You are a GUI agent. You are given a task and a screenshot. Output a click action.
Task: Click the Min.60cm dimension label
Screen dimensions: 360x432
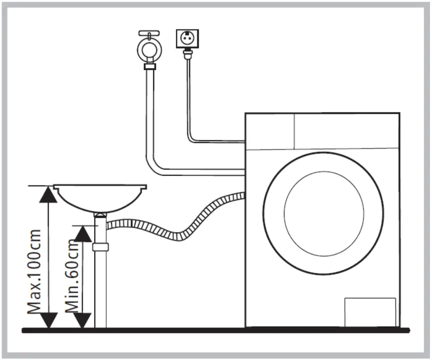(73, 275)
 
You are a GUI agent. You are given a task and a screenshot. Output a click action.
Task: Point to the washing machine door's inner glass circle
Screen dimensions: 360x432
(324, 212)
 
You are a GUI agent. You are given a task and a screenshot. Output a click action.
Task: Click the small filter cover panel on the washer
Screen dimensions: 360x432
(370, 311)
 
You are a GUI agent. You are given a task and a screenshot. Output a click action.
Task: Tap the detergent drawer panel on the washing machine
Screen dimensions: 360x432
(269, 130)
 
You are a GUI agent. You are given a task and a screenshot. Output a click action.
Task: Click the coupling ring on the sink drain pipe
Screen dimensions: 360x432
(101, 247)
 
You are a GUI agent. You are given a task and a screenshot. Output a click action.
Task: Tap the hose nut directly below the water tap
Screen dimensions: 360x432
(149, 66)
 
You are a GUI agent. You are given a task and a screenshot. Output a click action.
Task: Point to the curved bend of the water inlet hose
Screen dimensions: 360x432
(156, 166)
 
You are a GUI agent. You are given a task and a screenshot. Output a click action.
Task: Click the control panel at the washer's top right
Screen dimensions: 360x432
(346, 130)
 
